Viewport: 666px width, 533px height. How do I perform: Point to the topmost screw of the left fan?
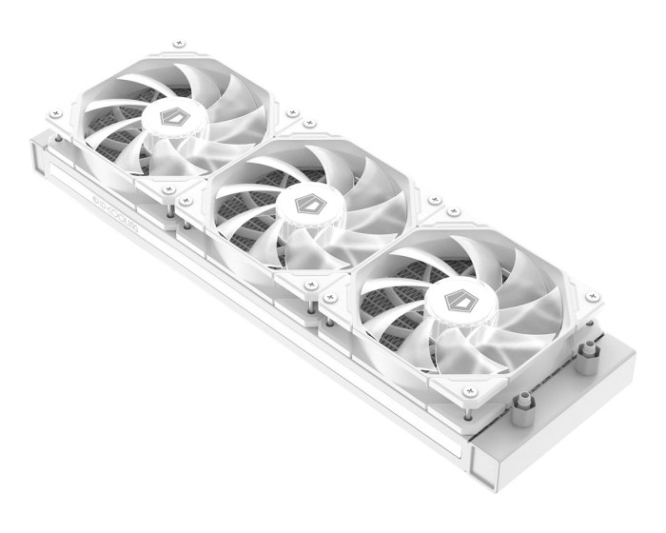178,43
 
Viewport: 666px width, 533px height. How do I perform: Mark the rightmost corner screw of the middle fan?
435,202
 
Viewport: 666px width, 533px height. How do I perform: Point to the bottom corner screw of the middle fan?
310,284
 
